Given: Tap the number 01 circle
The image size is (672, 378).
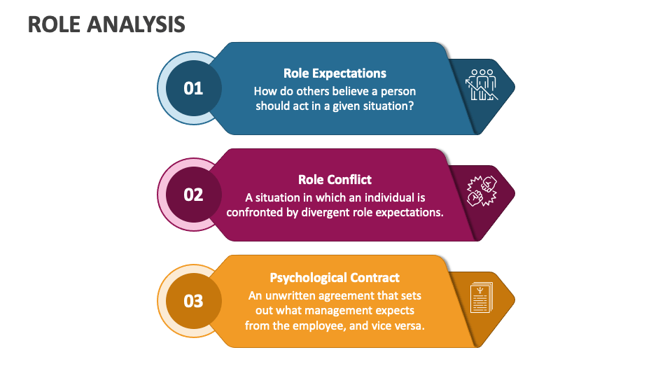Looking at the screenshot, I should click(193, 88).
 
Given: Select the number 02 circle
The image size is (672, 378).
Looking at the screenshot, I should click(193, 195).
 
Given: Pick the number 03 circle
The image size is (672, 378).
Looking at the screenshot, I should click(193, 301).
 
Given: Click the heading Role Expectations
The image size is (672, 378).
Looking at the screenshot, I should click(335, 73).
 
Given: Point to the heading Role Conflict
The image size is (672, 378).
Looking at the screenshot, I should click(335, 179).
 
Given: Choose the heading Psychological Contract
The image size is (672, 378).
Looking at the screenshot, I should click(335, 277).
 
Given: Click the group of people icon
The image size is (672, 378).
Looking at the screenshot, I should click(482, 84).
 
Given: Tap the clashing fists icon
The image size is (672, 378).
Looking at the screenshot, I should click(482, 190).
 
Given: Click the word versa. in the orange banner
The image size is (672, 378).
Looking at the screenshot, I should click(409, 325).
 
